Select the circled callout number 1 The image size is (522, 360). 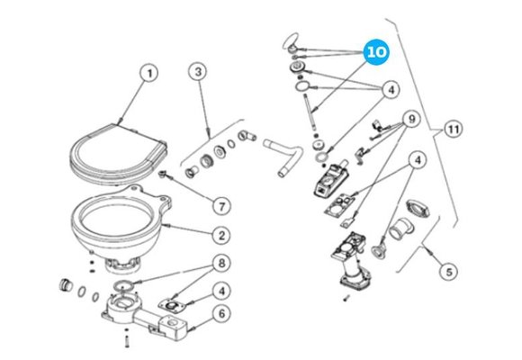(150, 72)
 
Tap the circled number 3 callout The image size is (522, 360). (202, 72)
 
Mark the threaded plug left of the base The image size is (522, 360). (64, 285)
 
